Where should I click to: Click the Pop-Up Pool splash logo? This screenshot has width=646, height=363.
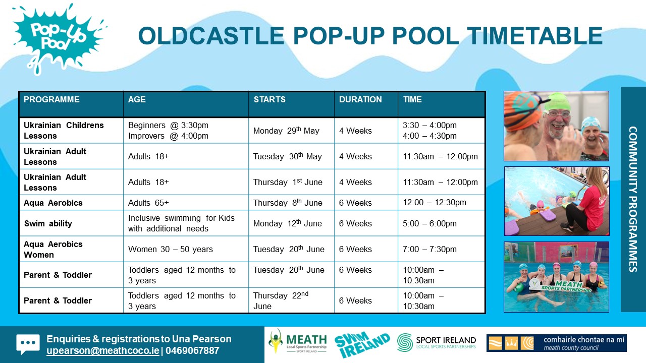coord(58,39)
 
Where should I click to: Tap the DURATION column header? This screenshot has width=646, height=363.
coord(360,99)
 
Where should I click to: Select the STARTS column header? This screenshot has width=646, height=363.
coord(270,99)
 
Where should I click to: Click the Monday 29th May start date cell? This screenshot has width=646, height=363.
coord(286,131)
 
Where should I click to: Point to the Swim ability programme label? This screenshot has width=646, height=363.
coord(48,223)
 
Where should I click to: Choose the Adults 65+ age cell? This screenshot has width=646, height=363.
coord(148,203)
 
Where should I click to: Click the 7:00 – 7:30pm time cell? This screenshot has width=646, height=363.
coord(429,249)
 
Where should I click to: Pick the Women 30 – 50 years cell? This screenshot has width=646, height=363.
coord(171,249)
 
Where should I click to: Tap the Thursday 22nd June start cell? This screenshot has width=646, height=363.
coord(281,300)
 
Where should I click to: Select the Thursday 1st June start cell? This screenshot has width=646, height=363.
coord(288,182)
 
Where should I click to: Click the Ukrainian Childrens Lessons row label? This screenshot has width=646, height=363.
coord(64,131)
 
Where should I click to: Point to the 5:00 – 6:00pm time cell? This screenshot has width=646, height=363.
coord(429,223)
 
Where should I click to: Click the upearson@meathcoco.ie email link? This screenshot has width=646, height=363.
coord(102,350)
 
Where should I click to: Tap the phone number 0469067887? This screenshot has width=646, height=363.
coord(192,350)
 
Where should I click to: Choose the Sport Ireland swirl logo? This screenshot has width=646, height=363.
coord(405,342)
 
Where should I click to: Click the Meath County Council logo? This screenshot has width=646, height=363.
coord(556,343)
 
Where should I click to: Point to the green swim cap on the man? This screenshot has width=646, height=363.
coord(557,102)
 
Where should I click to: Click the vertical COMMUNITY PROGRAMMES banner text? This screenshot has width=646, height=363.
coord(633,199)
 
